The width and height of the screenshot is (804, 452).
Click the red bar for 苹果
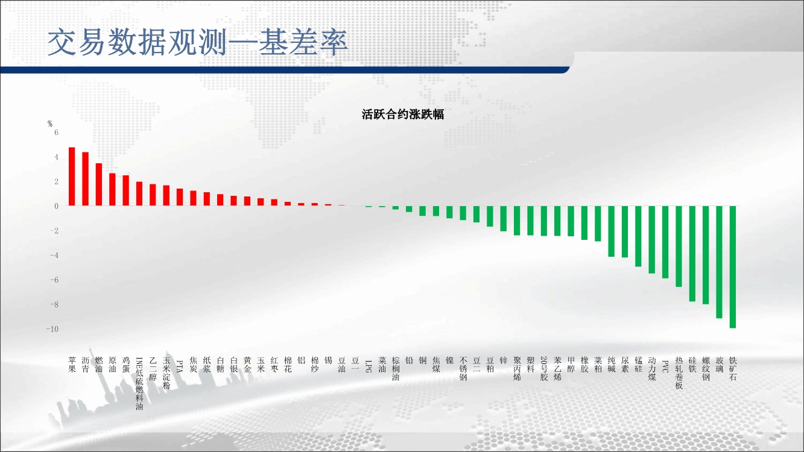pos(72,177)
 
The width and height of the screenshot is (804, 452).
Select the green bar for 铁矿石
pos(733,267)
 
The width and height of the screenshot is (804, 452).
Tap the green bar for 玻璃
pos(719,262)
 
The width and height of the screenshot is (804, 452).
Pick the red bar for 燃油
pos(99,184)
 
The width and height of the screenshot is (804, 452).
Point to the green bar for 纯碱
pos(611,231)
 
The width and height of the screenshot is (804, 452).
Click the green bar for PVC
pos(665,242)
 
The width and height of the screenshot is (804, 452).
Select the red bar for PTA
pos(180,197)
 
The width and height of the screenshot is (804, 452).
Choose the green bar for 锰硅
pos(638,236)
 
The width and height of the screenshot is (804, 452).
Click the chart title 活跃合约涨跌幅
pos(403,115)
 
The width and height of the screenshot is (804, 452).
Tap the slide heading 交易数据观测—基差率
pos(198,43)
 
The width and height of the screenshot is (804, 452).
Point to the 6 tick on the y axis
pos(56,133)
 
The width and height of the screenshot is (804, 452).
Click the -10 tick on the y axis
pos(52,329)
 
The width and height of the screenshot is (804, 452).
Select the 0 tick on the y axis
pos(56,206)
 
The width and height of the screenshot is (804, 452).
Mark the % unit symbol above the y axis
pos(50,124)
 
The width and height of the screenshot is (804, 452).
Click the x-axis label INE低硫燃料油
pos(139,383)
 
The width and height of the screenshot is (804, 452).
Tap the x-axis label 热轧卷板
pos(679,373)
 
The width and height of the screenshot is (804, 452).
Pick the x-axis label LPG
pos(369,366)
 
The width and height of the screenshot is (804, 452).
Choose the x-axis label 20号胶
pos(544,369)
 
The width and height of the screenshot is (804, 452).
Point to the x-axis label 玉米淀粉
pos(166,373)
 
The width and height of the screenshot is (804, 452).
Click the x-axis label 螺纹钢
pos(706,369)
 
